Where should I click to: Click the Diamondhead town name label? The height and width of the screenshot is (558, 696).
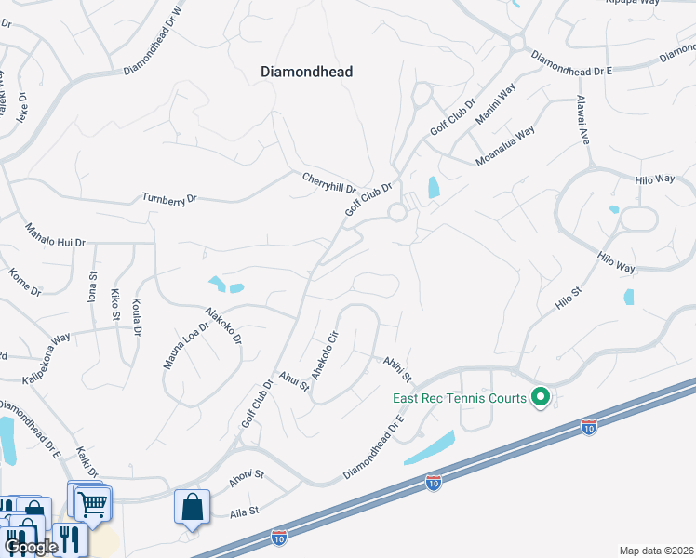(x=306, y=72)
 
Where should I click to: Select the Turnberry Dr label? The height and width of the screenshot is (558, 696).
(x=169, y=198)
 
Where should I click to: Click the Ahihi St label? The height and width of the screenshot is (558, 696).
(x=397, y=367)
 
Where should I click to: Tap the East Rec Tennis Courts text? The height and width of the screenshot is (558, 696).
(x=457, y=398)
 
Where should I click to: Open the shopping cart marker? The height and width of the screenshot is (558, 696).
(x=91, y=503)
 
